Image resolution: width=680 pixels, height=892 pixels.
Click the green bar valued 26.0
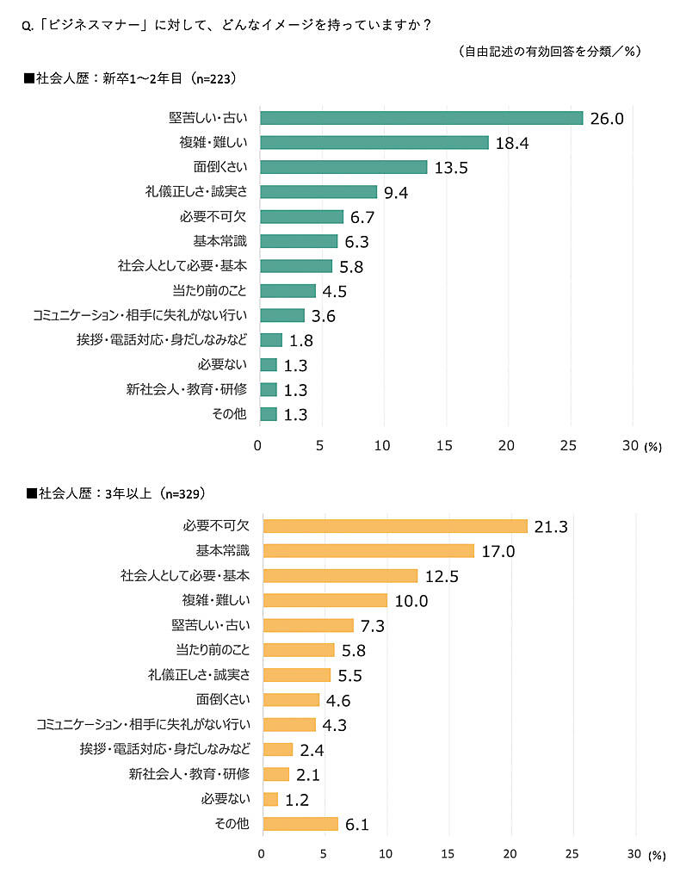421,118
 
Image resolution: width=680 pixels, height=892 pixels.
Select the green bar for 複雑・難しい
374,143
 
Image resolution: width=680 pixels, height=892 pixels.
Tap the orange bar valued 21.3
394,526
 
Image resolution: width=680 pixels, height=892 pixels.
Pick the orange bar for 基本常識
368,551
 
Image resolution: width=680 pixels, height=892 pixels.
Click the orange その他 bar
300,824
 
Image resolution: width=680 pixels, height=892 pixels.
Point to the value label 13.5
451,168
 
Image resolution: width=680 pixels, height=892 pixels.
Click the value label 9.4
396,193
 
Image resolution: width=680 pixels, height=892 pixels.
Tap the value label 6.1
357,825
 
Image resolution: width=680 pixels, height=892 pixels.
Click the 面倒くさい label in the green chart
219,167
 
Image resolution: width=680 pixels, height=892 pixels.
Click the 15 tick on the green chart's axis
444,445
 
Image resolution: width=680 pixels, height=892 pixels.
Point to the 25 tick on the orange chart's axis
573,855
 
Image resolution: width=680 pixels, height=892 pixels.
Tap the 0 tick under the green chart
258,445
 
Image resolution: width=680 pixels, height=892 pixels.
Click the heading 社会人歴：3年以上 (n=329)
120,493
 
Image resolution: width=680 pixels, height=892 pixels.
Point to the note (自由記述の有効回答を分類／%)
550,52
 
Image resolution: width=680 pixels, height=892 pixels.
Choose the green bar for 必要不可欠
301,217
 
